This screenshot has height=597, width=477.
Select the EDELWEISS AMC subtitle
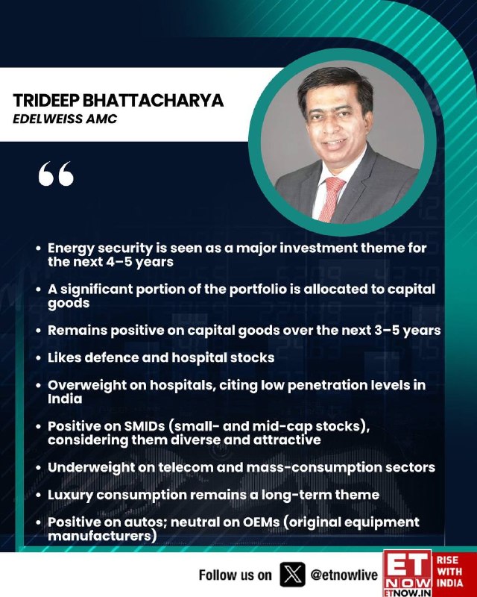pyautogui.click(x=65, y=119)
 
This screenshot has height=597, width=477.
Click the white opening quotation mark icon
pyautogui.click(x=56, y=174)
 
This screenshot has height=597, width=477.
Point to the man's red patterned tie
pyautogui.click(x=331, y=199)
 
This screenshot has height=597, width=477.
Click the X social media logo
pyautogui.click(x=292, y=574)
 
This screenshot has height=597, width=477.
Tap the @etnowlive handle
pyautogui.click(x=344, y=575)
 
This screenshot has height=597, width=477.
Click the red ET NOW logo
pyautogui.click(x=408, y=573)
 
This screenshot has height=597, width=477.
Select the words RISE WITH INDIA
pyautogui.click(x=449, y=571)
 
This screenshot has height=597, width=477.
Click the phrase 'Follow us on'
pyautogui.click(x=236, y=575)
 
